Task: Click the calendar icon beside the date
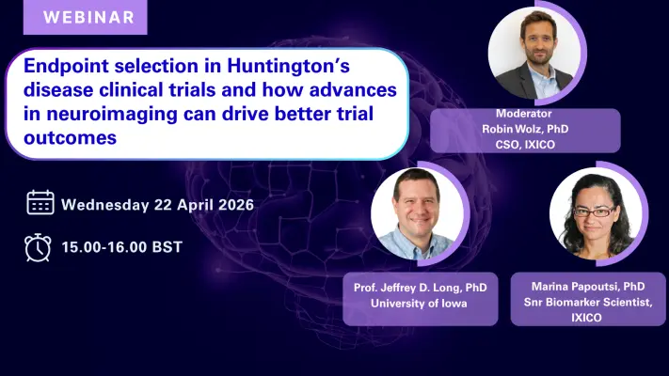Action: [x=40, y=203]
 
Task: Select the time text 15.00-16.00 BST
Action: [x=122, y=247]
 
